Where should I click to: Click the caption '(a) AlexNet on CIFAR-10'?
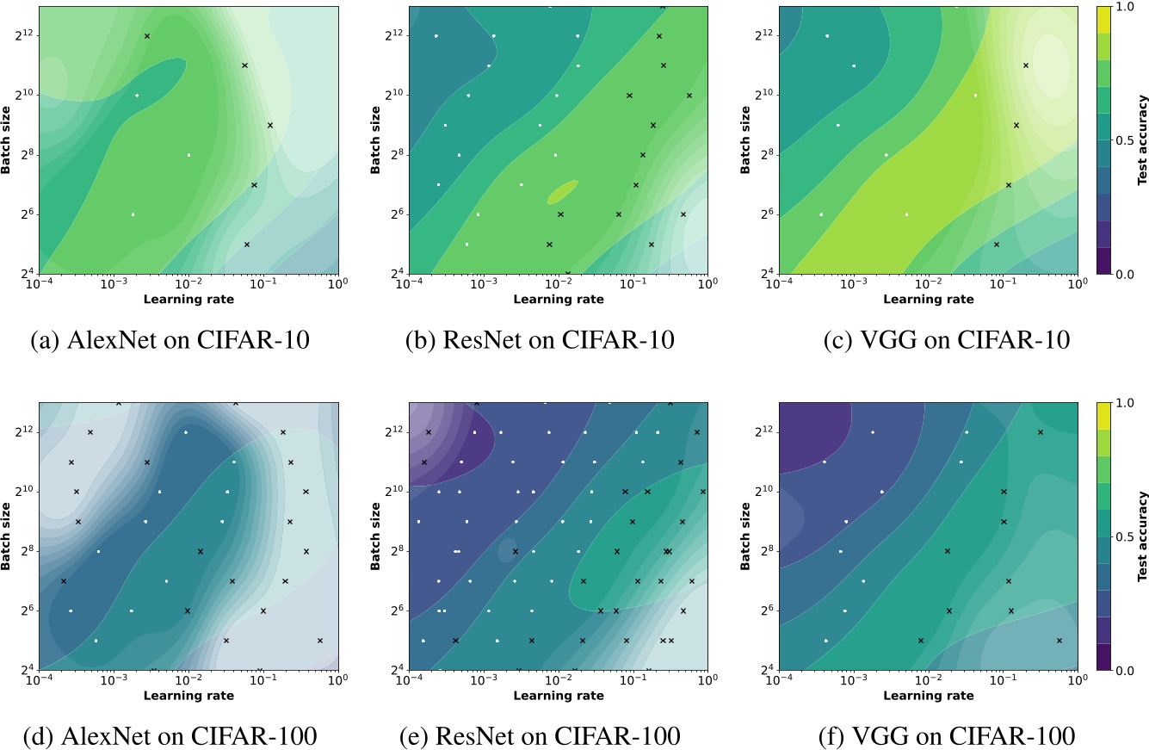171,339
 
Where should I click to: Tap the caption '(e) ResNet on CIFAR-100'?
541,735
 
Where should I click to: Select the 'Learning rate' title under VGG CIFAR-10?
928,300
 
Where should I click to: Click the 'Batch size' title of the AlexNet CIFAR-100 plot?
7,536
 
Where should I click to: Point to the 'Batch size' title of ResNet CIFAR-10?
377,139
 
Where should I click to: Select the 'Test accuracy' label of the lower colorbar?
1141,536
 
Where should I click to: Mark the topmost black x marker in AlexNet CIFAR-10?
147,36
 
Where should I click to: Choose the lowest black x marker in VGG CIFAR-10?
996,245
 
